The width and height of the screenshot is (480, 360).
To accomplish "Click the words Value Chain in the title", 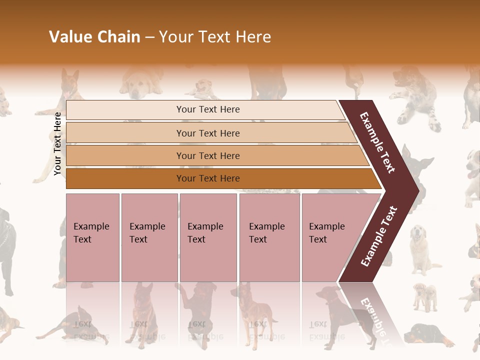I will (94, 37).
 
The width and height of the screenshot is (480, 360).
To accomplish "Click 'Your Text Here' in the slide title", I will (215, 37).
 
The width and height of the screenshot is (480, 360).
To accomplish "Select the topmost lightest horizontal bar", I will (207, 109).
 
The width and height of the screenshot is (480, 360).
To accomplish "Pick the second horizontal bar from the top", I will (207, 133).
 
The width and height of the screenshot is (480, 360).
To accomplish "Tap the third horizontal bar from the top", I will (207, 155).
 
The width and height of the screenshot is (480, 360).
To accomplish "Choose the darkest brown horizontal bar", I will (207, 178).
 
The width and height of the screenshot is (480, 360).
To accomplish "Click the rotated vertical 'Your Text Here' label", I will (57, 143).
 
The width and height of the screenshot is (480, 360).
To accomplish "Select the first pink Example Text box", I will (92, 237).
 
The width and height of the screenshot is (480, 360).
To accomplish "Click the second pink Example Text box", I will (149, 237).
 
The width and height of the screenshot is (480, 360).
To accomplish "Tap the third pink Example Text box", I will (207, 237).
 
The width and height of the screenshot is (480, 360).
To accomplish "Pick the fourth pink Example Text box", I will (269, 237).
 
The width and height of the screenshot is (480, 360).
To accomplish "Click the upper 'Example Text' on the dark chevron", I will (377, 142).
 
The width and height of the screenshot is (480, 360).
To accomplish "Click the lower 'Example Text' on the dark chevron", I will (378, 236).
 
